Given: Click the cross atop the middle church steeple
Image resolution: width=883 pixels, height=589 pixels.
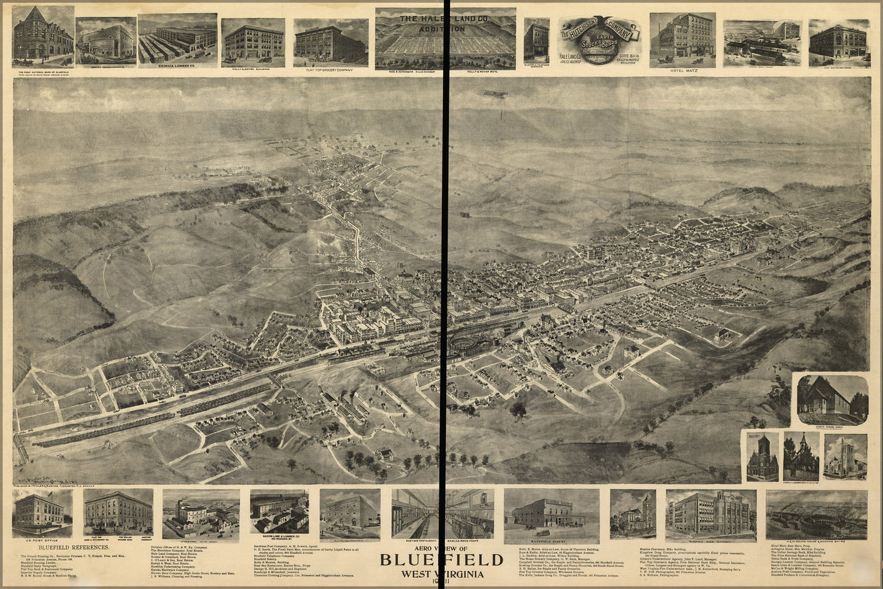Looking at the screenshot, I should click(802, 435).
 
